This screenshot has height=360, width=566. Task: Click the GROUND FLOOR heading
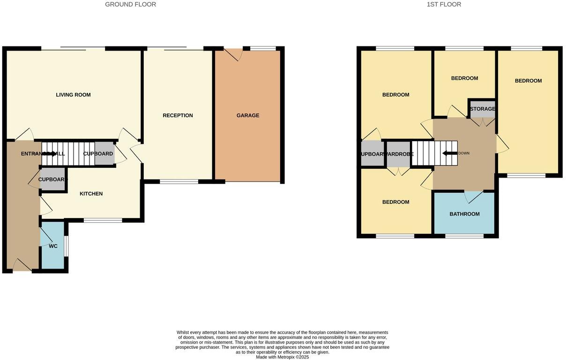(130, 5)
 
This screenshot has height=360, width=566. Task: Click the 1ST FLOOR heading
(444, 5)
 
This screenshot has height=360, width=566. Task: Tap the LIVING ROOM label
(73, 95)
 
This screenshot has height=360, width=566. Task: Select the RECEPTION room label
(178, 116)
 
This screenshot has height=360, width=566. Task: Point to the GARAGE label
(248, 116)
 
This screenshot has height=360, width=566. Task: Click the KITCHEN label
(91, 194)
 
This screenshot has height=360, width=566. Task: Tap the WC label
(53, 246)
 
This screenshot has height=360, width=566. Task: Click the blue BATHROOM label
(464, 214)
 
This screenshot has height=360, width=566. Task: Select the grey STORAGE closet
(482, 109)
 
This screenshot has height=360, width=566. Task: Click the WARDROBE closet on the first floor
(398, 154)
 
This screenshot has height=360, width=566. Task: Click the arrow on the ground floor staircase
(49, 153)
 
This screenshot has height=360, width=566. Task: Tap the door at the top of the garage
(233, 54)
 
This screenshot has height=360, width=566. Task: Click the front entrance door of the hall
(22, 266)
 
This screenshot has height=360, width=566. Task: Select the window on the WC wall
(66, 246)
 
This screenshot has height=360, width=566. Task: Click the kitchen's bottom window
(103, 220)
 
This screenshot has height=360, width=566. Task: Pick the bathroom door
(473, 197)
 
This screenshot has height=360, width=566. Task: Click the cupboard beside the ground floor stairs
(104, 154)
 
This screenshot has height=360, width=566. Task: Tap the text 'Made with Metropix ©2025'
(282, 357)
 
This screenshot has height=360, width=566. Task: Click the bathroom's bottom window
(464, 236)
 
